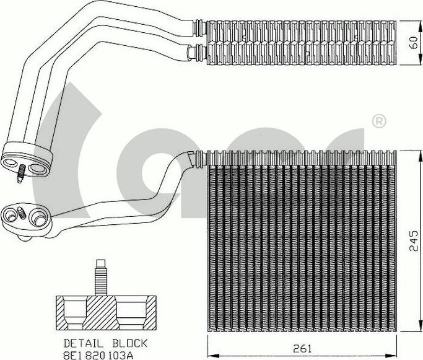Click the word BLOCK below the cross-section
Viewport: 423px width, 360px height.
pyautogui.click(x=129, y=343)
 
